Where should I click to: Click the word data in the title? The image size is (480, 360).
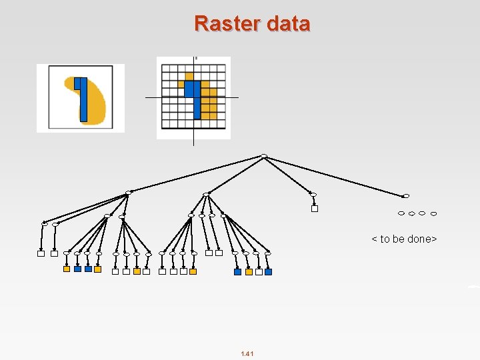288,24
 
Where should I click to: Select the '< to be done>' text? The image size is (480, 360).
404,239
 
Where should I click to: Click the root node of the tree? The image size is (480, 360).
264,156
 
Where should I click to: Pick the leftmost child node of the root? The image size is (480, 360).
129,192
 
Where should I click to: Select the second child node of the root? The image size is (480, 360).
207,193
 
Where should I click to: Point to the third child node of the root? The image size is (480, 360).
313,194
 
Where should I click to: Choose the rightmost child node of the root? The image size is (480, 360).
406,196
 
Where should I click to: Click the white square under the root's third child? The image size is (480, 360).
315,208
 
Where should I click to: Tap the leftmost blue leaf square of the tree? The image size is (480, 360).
77,269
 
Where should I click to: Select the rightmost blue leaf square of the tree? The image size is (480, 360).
268,271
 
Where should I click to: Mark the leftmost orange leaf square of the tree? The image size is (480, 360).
67,269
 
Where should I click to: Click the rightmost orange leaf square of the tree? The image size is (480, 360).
249,271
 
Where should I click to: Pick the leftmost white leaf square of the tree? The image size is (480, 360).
41,253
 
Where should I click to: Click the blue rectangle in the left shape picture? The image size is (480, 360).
83,100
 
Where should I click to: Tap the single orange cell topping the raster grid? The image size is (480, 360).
189,76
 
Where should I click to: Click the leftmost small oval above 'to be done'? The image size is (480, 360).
401,213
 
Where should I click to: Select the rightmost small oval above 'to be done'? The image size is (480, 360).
433,213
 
